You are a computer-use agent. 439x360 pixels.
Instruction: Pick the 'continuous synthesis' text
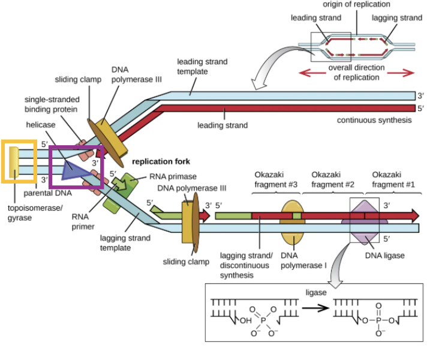[x=374, y=120]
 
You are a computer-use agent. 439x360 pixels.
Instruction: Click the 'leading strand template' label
[x=202, y=67]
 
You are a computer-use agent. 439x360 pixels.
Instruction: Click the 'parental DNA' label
[x=48, y=194]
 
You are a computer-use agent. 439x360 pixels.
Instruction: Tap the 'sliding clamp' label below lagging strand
[x=186, y=262]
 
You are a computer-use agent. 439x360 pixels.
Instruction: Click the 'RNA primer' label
[x=85, y=221]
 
